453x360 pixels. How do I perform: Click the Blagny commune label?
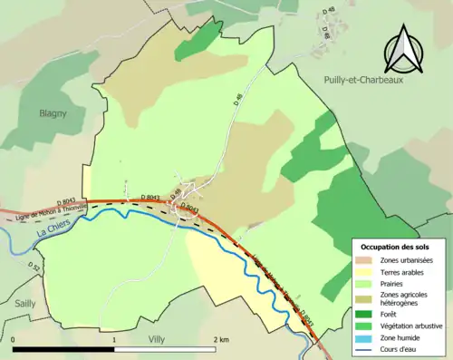[x=56, y=113]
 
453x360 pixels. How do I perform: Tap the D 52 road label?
[x=36, y=268]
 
